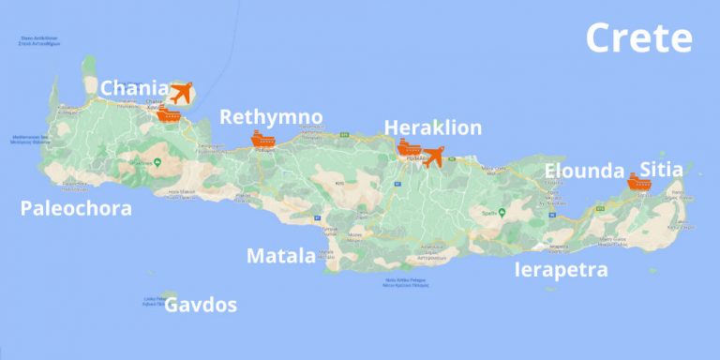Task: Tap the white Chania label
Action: (x=135, y=88)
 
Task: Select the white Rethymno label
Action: (x=271, y=117)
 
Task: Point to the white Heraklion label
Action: (x=433, y=128)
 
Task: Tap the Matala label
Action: (x=280, y=255)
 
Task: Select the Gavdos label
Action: (x=201, y=305)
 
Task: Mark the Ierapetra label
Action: (x=562, y=270)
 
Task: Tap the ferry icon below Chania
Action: (x=168, y=115)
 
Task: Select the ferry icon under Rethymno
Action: (x=262, y=140)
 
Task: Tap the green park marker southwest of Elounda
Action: (x=502, y=212)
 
